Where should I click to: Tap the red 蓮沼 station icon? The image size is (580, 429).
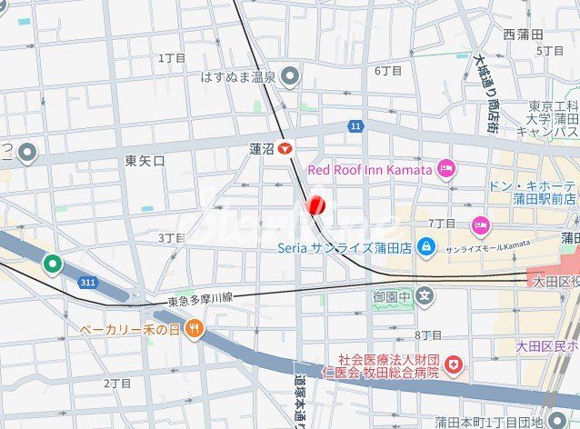[x=286, y=148]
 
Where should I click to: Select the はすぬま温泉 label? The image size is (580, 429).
[x=238, y=77]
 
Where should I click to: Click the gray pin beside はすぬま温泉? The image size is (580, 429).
[x=290, y=76]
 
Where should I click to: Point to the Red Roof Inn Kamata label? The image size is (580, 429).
[x=369, y=169]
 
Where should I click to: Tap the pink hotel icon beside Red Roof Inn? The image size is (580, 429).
[x=446, y=168]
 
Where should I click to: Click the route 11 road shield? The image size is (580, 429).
[x=355, y=125]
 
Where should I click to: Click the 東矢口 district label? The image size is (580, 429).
[x=145, y=161]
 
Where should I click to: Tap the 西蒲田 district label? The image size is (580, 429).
[x=522, y=35]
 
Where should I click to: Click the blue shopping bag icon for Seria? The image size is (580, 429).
[x=425, y=247]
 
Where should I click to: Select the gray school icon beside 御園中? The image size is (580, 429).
[x=426, y=296]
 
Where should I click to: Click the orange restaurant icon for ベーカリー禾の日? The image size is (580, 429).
[x=193, y=329]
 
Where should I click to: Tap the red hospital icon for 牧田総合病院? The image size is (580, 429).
[x=454, y=365]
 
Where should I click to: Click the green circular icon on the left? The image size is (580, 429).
[x=53, y=264]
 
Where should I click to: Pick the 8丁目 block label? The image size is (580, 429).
[x=428, y=335]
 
